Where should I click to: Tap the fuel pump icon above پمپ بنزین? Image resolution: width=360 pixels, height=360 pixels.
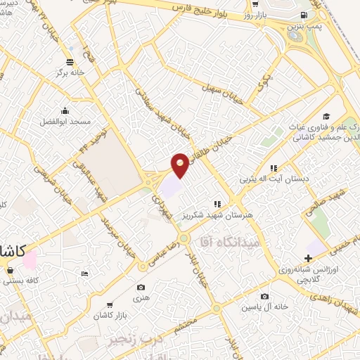point(304,15)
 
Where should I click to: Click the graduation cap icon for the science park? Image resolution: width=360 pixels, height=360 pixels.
point(326,116)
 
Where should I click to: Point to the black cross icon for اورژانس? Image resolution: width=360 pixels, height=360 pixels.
point(309,259)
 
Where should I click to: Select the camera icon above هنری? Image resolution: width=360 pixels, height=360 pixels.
point(141,288)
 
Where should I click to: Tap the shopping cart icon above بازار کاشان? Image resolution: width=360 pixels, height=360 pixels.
point(110,305)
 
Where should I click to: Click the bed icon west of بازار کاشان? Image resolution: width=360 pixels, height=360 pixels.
point(85,273)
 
